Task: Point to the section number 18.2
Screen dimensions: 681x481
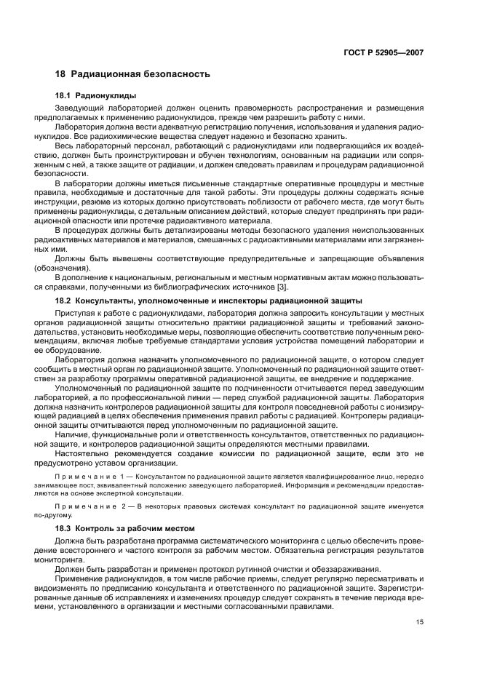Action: point(63,300)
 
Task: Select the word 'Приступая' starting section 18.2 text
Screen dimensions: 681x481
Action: point(77,311)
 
